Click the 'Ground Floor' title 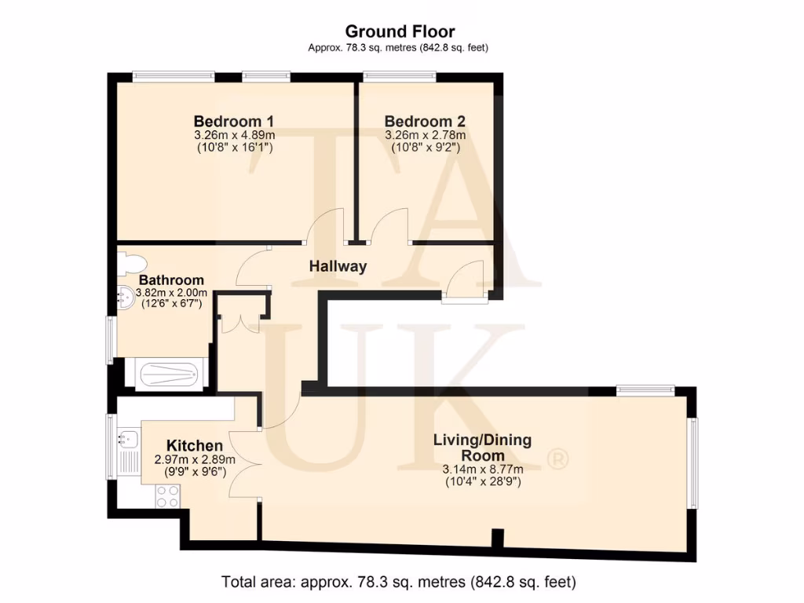[x=400, y=31]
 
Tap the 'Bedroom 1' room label [x=233, y=122]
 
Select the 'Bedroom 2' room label [x=424, y=122]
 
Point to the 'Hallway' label [x=338, y=266]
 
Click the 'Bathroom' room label [x=171, y=280]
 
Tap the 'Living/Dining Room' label [x=482, y=448]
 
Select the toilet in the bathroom [x=128, y=264]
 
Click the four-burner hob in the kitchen [x=167, y=496]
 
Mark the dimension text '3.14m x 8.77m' [x=482, y=470]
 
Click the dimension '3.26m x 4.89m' [x=233, y=135]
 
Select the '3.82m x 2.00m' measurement [x=171, y=293]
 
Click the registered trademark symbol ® [x=557, y=459]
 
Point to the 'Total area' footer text [x=400, y=583]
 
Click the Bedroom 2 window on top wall [x=400, y=76]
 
